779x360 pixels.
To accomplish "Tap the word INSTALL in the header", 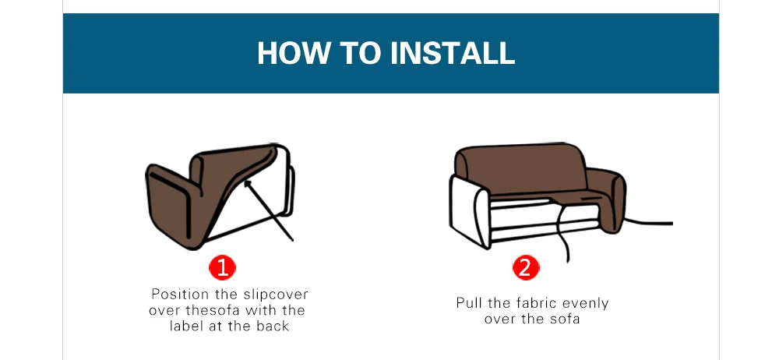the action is click(452, 53).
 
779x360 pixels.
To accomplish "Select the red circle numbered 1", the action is click(222, 268).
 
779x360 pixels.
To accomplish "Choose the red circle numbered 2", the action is click(526, 268).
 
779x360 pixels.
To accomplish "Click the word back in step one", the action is click(273, 326).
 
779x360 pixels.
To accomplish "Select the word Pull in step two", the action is click(469, 303).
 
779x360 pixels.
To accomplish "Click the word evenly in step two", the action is click(584, 304).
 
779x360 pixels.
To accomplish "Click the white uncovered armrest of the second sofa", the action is click(470, 211).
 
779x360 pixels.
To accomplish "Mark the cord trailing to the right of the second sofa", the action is click(647, 222).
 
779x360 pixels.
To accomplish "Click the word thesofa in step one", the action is click(213, 310).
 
